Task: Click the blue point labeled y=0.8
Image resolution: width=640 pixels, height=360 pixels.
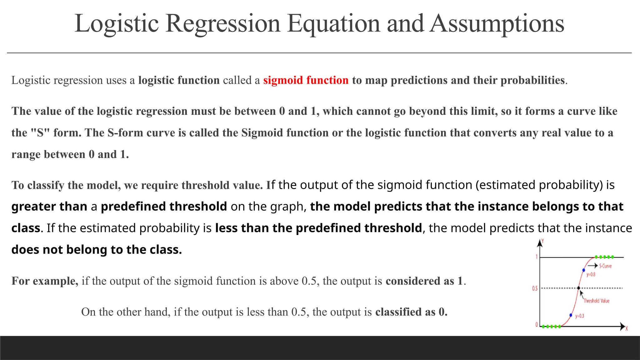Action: point(583,270)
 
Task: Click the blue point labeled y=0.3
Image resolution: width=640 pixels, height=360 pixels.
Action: point(571,315)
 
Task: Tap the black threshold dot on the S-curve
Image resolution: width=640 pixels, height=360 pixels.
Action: point(578,288)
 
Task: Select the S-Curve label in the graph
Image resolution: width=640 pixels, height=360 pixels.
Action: point(605,266)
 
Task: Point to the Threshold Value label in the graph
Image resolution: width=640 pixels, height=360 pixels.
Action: point(596,301)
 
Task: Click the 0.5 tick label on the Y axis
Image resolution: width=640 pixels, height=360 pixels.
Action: point(535,288)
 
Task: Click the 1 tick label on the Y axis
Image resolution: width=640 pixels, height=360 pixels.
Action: point(537,257)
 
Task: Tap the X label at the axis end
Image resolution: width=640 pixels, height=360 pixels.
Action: point(627,329)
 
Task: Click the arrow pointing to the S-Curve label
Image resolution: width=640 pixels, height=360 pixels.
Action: point(592,266)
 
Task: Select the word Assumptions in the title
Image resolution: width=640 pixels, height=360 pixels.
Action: point(497,24)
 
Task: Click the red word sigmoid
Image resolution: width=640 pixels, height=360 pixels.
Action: point(283,80)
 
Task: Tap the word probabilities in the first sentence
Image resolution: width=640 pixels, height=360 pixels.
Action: point(532,80)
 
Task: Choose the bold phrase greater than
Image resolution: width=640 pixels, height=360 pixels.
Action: point(49,207)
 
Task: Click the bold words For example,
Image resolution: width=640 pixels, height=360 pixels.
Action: point(45,281)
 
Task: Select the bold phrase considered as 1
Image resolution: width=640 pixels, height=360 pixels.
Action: point(424,281)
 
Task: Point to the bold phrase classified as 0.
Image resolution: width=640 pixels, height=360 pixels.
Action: point(411,312)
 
